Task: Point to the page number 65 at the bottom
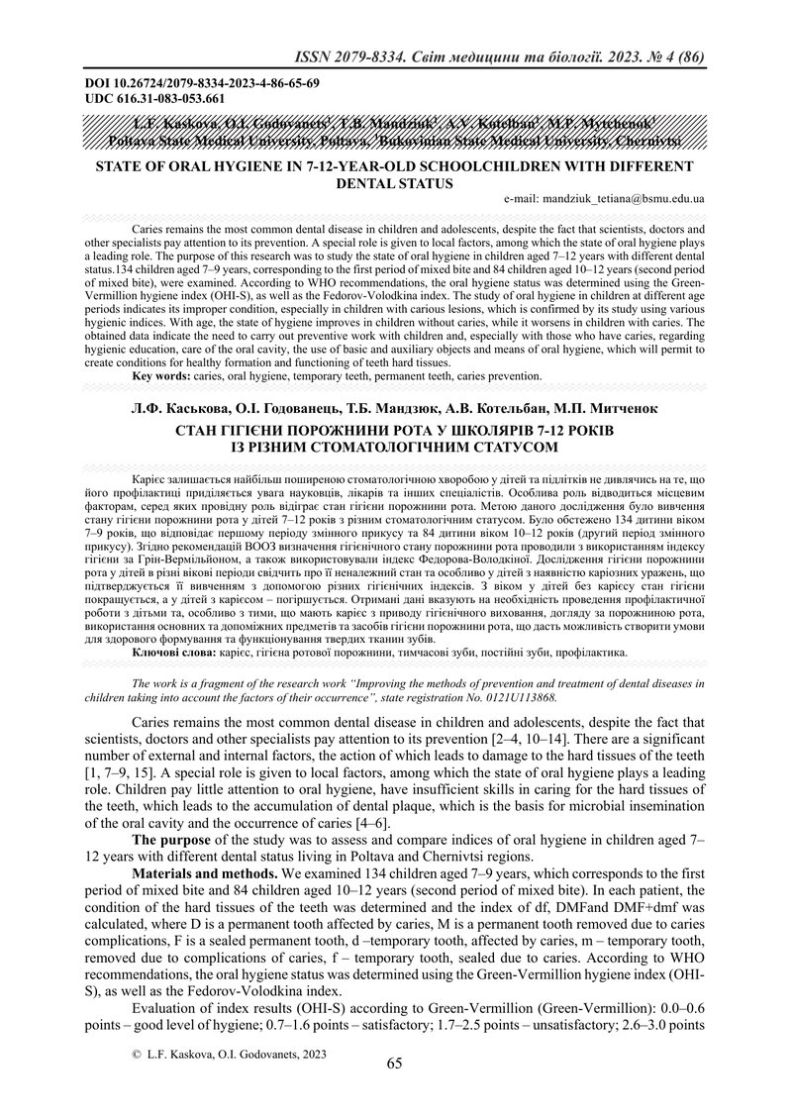[394, 1065]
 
